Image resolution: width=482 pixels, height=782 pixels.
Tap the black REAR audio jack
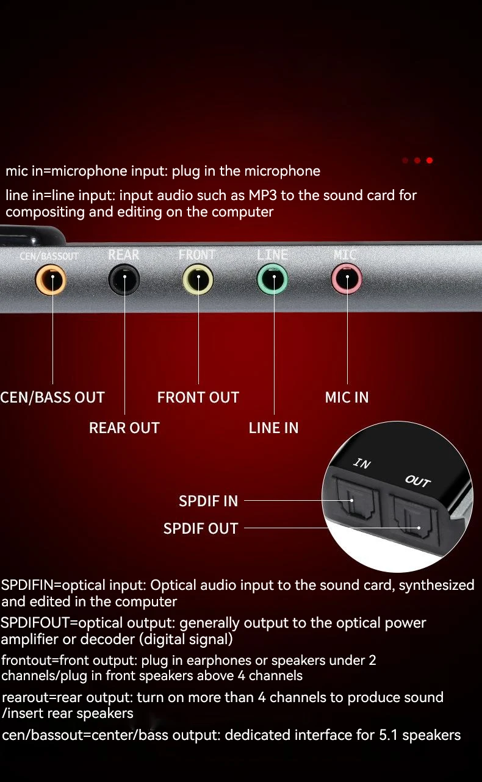[x=124, y=280]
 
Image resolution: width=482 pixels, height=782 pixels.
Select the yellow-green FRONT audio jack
[x=198, y=280]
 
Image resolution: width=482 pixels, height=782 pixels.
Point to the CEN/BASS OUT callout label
[x=52, y=398]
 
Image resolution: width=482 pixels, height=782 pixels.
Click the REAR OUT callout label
[x=124, y=428]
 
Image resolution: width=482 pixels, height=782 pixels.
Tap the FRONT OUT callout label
[x=198, y=398]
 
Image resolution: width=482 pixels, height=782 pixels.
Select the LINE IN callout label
[x=273, y=428]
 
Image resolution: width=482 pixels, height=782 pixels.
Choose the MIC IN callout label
[x=347, y=398]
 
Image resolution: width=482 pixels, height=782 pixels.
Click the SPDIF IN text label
[x=208, y=501]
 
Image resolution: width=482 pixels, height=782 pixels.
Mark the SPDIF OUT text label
[x=201, y=529]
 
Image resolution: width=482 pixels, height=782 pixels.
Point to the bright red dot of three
[x=430, y=160]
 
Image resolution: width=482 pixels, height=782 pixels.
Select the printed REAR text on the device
[x=124, y=255]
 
